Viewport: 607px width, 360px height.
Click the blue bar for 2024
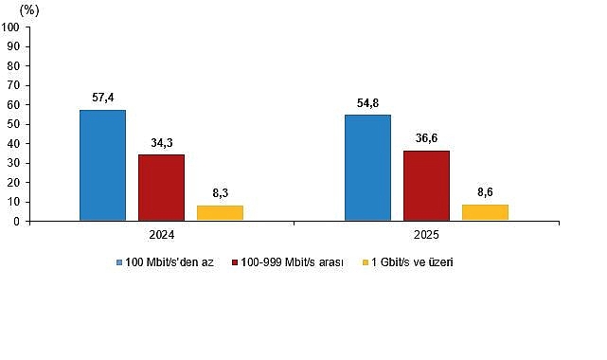point(102,166)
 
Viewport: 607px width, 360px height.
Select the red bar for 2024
point(161,188)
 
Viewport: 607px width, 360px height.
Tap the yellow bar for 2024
point(220,213)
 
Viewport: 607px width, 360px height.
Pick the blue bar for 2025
point(367,168)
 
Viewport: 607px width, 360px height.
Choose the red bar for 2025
point(426,186)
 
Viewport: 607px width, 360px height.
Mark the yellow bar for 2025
point(485,212)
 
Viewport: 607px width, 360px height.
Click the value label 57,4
point(102,97)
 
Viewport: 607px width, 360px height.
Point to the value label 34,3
point(161,141)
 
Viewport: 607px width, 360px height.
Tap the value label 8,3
point(220,192)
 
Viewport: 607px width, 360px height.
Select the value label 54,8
point(367,101)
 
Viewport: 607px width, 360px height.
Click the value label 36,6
point(426,137)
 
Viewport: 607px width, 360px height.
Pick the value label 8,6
point(485,191)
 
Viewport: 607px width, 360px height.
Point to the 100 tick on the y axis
point(12,27)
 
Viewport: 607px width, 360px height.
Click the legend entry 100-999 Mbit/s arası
point(291,262)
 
